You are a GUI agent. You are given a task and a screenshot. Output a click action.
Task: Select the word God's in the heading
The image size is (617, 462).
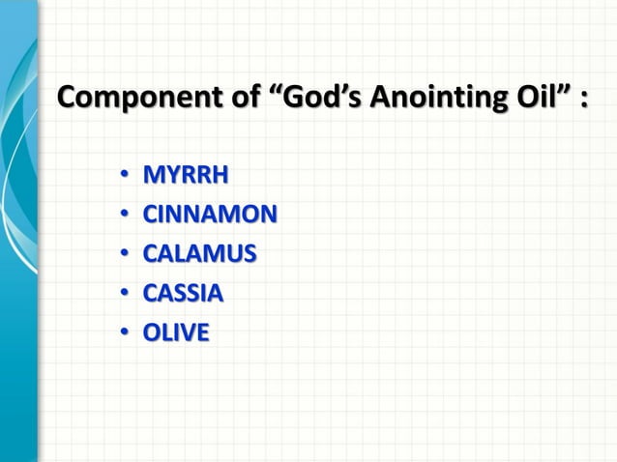pyautogui.click(x=318, y=100)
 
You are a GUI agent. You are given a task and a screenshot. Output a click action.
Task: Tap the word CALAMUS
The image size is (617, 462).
pyautogui.click(x=200, y=254)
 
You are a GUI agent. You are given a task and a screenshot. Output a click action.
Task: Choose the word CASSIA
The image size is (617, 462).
pyautogui.click(x=183, y=293)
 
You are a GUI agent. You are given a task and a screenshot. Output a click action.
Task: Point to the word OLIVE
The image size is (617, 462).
pyautogui.click(x=176, y=332)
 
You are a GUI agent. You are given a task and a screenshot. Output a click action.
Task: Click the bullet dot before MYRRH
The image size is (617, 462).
pyautogui.click(x=125, y=177)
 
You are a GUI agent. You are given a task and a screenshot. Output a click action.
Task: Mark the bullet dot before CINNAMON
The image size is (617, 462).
pyautogui.click(x=125, y=216)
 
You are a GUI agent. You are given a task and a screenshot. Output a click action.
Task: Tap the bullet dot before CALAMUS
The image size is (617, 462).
pyautogui.click(x=125, y=255)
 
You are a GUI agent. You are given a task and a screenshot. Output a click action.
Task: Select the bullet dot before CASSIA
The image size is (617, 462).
pyautogui.click(x=125, y=294)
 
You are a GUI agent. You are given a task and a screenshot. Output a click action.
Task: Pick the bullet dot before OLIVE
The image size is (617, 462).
pyautogui.click(x=125, y=333)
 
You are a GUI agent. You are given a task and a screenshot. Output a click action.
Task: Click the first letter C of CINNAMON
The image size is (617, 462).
pyautogui.click(x=152, y=215)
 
